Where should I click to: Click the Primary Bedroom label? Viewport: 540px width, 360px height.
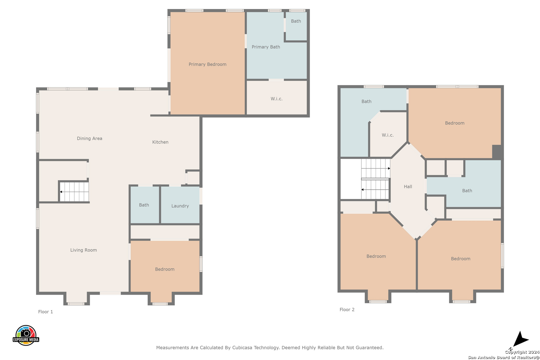207,64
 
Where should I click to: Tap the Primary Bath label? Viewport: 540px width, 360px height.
266,47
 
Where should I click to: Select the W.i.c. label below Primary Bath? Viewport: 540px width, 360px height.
277,99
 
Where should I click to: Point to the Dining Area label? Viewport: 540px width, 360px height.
89,138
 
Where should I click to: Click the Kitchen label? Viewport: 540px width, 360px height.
160,142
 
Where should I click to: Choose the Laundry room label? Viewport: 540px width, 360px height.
180,206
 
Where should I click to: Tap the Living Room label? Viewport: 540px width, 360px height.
83,250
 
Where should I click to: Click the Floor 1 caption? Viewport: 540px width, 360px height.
46,312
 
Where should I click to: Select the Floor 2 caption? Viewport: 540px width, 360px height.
347,310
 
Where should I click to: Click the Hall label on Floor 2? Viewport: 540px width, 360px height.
408,187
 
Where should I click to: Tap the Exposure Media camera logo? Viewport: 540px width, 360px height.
26,335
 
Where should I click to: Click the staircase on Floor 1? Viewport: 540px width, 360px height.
74,192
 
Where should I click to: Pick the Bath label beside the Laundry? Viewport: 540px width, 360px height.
144,205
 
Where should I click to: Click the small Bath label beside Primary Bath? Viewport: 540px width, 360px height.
296,21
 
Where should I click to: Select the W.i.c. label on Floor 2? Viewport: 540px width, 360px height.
388,135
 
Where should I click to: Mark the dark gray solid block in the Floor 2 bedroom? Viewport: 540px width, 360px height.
497,152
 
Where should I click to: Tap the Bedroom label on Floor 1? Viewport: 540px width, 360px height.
165,269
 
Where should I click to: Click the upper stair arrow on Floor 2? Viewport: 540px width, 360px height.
376,168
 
